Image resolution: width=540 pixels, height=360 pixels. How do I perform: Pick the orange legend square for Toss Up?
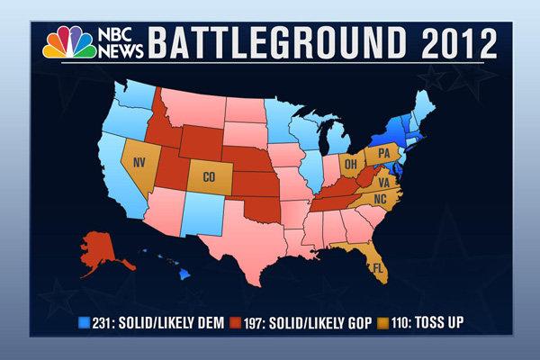383,321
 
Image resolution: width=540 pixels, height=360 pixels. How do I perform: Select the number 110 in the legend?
402,321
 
